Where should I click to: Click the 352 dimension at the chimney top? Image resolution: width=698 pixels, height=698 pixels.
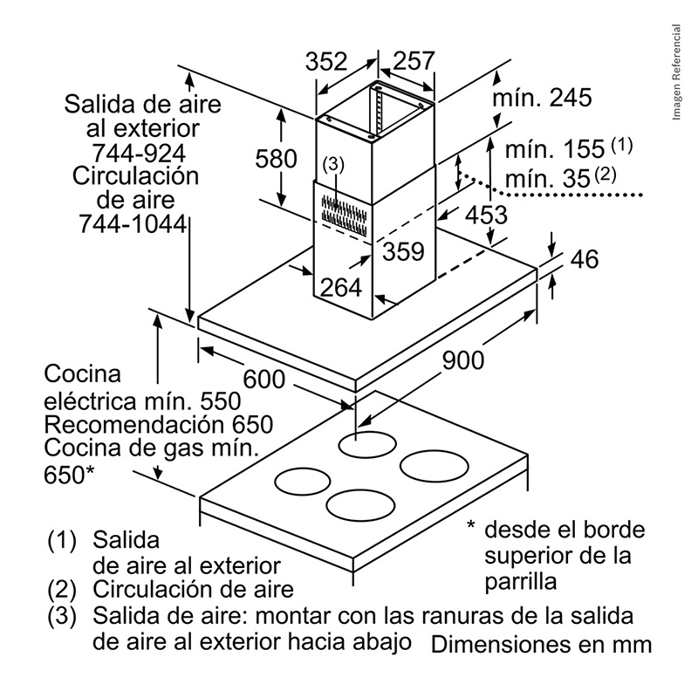coord(326,62)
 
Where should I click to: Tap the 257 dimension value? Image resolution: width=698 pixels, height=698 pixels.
coord(413,62)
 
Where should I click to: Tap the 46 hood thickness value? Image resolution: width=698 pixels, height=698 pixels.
coord(584,260)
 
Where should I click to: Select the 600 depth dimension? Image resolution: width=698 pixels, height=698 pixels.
coord(263,380)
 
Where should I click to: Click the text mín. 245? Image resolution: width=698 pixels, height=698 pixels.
coord(542,98)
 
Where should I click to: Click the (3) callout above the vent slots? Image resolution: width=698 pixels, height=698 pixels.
coord(333,163)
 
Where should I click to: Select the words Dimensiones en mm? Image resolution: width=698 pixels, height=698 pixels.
coord(541,646)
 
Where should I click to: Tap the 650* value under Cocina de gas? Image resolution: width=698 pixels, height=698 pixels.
coord(68,475)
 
